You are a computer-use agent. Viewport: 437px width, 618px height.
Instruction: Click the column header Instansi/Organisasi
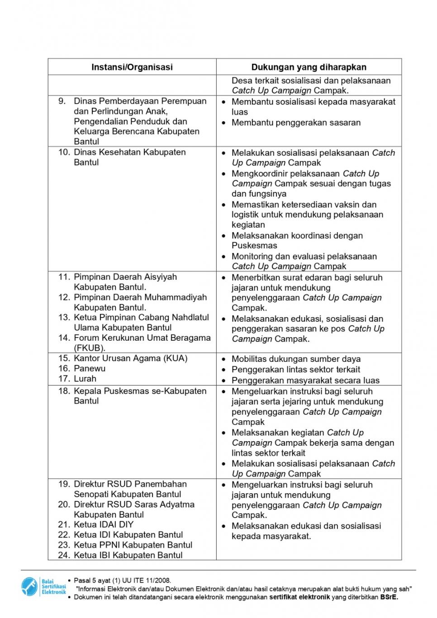(132, 67)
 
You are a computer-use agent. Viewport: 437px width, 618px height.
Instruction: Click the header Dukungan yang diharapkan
(309, 67)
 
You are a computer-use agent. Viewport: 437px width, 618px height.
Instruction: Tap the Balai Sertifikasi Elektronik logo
(43, 587)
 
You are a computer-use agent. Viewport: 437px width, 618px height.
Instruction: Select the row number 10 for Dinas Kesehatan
(64, 152)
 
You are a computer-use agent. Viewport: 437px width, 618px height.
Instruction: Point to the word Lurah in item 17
(85, 379)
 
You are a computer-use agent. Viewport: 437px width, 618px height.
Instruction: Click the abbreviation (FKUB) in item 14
(90, 348)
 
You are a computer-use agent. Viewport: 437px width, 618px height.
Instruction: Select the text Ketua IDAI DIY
(104, 525)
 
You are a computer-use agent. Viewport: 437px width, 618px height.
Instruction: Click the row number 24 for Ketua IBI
(64, 556)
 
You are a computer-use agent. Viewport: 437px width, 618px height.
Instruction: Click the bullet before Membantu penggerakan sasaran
(223, 123)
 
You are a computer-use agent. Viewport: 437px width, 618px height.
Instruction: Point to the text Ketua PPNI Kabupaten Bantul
(133, 545)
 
